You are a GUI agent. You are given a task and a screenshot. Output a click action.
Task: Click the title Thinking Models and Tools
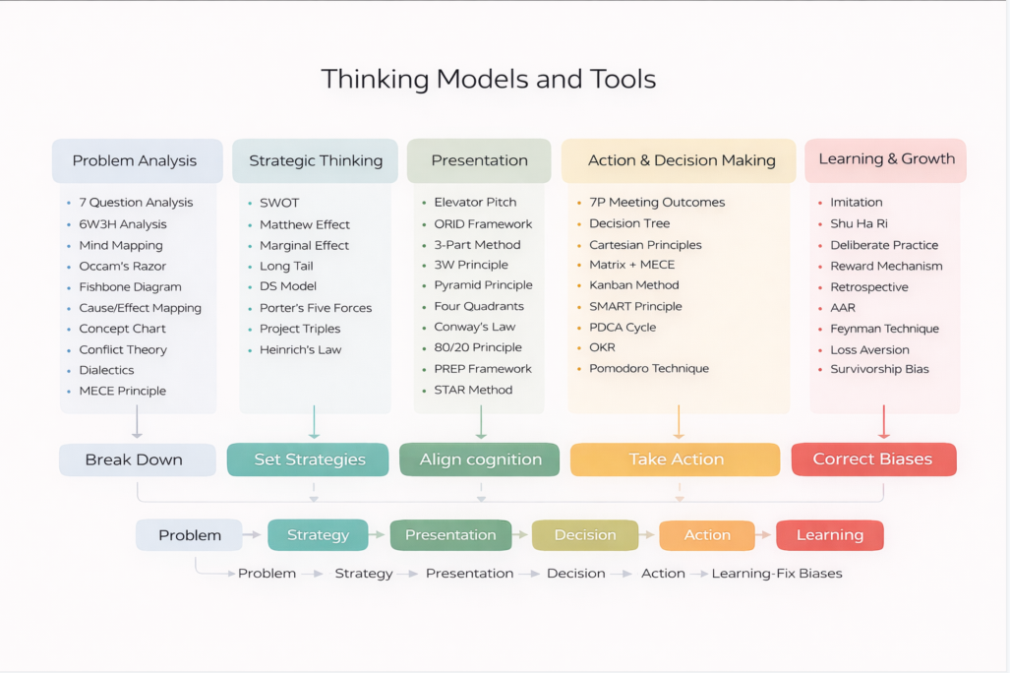[x=488, y=79]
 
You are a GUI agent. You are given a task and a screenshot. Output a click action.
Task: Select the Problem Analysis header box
[x=136, y=161]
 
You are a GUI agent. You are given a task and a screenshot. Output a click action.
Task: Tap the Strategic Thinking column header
[x=315, y=161]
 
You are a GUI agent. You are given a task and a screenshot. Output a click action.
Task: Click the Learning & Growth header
[x=886, y=159]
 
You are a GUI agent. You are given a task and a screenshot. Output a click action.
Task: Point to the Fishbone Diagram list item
[x=130, y=287]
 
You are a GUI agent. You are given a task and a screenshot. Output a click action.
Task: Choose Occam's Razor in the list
[x=122, y=267]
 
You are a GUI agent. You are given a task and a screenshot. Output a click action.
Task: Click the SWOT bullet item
[x=278, y=203]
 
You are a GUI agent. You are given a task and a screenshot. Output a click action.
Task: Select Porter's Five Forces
[x=316, y=308]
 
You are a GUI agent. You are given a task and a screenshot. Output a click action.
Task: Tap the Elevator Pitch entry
[x=475, y=203]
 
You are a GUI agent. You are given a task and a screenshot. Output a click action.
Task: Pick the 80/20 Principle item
[x=478, y=347]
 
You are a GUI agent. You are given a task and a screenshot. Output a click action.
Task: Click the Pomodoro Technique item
[x=648, y=369]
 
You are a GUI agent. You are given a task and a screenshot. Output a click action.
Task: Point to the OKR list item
[x=603, y=347]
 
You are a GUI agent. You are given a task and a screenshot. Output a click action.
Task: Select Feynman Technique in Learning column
[x=884, y=329]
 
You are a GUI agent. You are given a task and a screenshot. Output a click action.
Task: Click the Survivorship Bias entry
[x=879, y=370]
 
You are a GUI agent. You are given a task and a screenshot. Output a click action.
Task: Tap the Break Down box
[x=137, y=459]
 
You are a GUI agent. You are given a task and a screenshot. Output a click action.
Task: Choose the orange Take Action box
[x=676, y=459]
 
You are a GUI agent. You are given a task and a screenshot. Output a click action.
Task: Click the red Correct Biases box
[x=872, y=459]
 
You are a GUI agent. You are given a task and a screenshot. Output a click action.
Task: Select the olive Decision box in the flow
[x=584, y=535]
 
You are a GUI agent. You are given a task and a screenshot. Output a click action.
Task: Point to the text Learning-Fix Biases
[x=777, y=574]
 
